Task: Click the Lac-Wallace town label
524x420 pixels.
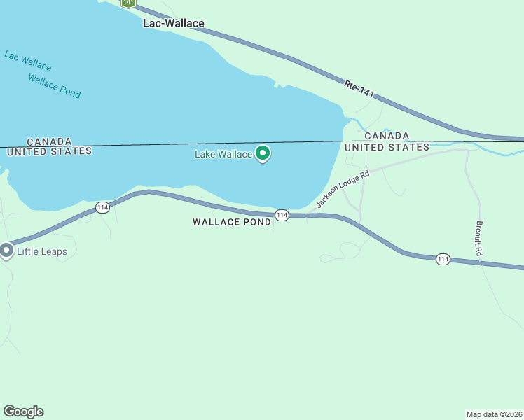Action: [173, 23]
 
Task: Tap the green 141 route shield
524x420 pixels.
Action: [127, 3]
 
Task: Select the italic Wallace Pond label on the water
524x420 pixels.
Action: [54, 85]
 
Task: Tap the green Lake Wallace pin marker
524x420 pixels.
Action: [263, 153]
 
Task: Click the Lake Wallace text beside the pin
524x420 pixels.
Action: [223, 154]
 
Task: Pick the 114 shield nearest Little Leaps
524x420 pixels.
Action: [103, 207]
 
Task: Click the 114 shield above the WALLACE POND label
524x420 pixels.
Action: [282, 215]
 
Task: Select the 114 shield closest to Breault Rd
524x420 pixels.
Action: [442, 259]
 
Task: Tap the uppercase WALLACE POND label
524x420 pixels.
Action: [232, 222]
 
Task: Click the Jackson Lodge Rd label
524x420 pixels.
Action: [343, 190]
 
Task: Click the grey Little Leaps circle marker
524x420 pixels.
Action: [7, 250]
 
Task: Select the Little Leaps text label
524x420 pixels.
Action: [42, 251]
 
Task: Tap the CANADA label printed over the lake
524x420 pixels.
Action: [49, 141]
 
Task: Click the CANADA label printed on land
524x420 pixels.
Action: [386, 136]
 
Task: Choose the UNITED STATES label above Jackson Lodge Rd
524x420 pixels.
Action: [386, 147]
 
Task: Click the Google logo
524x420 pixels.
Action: [23, 412]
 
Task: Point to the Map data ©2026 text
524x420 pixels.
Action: [494, 414]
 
